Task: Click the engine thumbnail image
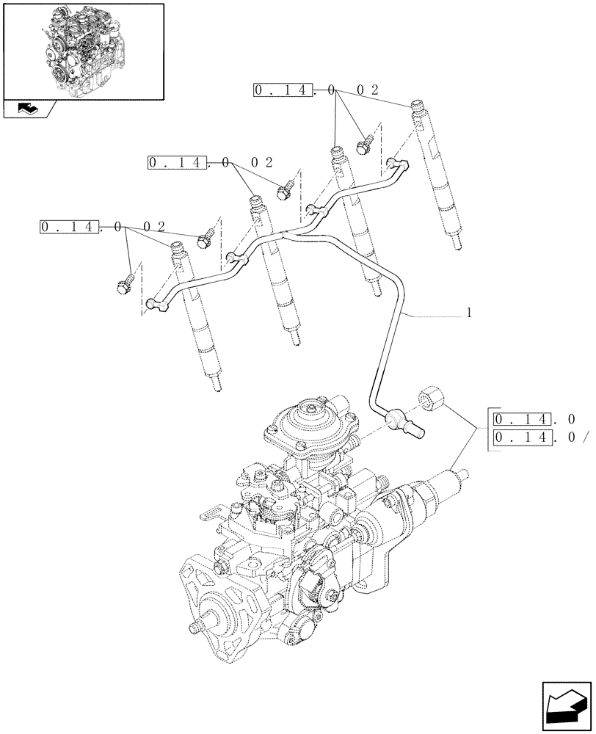(x=82, y=51)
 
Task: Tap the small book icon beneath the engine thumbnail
(x=29, y=109)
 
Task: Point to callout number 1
(x=468, y=313)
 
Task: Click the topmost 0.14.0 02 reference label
(x=316, y=90)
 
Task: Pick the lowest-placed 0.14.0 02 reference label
(x=101, y=227)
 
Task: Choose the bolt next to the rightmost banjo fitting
(x=365, y=145)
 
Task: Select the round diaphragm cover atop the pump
(x=299, y=424)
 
